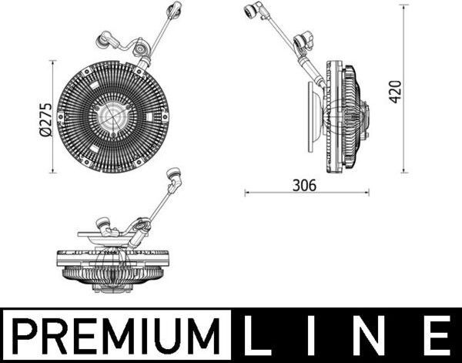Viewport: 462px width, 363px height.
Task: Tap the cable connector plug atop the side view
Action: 252,12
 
